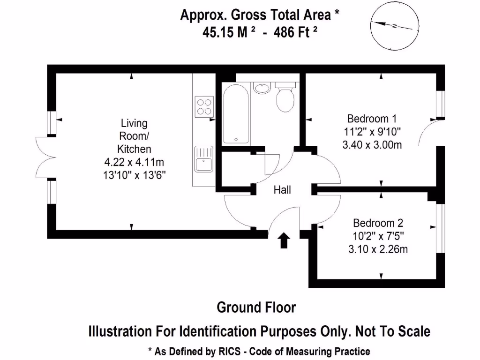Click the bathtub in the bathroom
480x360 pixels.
[236, 113]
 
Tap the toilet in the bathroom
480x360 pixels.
[285, 97]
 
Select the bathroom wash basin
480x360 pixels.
[262, 88]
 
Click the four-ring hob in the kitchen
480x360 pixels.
[204, 106]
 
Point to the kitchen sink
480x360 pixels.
[203, 159]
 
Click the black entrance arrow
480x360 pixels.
[284, 240]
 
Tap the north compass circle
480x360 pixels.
[395, 26]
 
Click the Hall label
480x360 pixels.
[282, 190]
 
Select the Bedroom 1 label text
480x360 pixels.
[372, 119]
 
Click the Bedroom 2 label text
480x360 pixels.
[378, 223]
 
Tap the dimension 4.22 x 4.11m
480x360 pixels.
[134, 162]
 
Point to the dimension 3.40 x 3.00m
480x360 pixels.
[372, 144]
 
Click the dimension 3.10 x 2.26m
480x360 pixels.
[378, 249]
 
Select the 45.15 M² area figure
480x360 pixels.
[229, 32]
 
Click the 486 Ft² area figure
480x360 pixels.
[295, 32]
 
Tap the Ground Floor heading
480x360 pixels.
[256, 307]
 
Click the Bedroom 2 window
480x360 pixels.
[441, 228]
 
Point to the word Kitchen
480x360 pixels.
[134, 149]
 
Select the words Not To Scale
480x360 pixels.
[393, 331]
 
